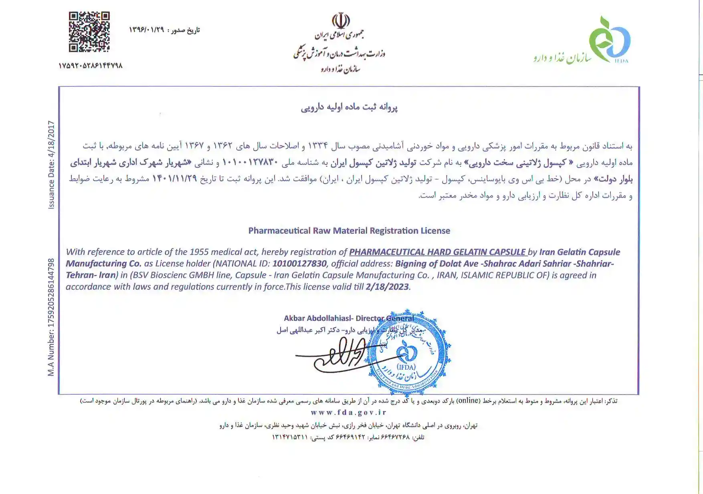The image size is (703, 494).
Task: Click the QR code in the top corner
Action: point(89,32)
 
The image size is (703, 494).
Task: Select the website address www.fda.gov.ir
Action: point(349,412)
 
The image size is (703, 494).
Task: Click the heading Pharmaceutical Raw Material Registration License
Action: point(349,231)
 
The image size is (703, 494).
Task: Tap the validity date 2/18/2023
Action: point(387,287)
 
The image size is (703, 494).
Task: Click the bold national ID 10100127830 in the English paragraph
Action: point(299,263)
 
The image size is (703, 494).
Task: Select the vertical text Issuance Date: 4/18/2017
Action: point(51,165)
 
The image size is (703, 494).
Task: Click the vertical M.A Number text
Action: point(51,317)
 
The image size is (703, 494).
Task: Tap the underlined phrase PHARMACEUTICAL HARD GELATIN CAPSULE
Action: point(437,252)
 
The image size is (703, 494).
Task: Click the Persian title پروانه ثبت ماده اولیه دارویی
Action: point(349,107)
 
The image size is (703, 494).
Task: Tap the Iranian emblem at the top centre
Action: point(340,20)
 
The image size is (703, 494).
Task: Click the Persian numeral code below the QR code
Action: point(91,65)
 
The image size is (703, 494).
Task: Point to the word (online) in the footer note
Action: point(468,401)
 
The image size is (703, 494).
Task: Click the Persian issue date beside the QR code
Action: point(164,30)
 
